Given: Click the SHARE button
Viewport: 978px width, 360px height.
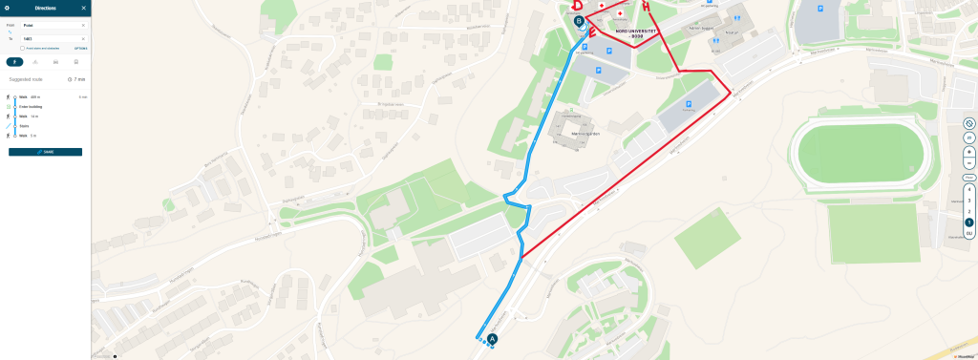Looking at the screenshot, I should pos(45,152).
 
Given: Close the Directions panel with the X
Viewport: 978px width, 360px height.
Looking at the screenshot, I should pos(84,8).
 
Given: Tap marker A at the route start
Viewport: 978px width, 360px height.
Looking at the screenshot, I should pos(493,338).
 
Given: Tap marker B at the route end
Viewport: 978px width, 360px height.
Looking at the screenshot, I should pos(579,19).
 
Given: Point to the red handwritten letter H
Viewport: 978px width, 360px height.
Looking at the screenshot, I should pos(647,7).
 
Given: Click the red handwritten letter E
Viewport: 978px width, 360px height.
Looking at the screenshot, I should pos(592,33).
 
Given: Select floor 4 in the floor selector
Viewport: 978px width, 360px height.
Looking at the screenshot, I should pos(968,190).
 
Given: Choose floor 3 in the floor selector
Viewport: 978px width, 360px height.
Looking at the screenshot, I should pos(968,201).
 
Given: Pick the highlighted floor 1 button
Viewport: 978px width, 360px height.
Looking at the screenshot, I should pos(968,222).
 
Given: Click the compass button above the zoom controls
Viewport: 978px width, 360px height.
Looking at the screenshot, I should pos(968,124).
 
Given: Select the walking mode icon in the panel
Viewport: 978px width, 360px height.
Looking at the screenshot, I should pos(14,61).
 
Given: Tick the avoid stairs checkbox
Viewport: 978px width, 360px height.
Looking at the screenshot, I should pos(22,47).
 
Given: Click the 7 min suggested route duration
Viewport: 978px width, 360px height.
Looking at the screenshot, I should pos(77,79).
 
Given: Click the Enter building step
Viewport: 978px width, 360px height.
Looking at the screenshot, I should pos(32,107).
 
